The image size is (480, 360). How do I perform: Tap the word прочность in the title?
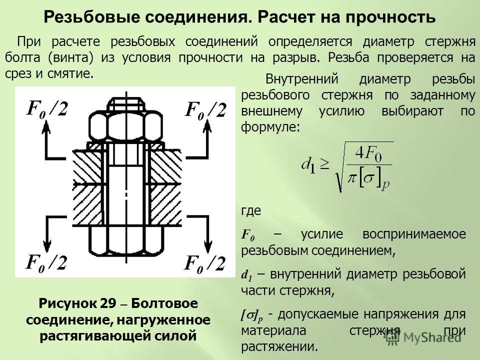[x=391, y=17]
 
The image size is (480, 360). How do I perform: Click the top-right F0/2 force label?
[x=205, y=109]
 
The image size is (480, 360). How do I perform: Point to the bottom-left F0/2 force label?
[x=46, y=263]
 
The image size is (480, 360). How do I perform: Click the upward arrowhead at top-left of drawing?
[x=46, y=125]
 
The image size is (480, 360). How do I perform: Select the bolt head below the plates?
[x=125, y=241]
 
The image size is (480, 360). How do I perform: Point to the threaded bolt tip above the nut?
[x=126, y=103]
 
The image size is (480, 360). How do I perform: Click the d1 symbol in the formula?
[x=308, y=166]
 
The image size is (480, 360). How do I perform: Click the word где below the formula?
[x=251, y=211]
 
